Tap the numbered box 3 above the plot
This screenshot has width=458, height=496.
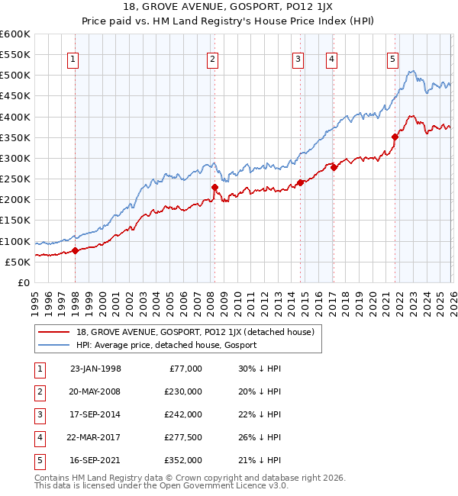pyautogui.click(x=298, y=59)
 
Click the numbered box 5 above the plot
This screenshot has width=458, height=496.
pyautogui.click(x=392, y=59)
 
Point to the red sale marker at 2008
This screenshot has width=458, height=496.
pyautogui.click(x=214, y=187)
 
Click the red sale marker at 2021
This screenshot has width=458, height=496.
pyautogui.click(x=395, y=137)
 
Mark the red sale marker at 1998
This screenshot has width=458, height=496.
pyautogui.click(x=76, y=250)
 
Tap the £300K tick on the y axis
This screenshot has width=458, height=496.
pyautogui.click(x=15, y=158)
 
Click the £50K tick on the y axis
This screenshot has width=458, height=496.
pyautogui.click(x=18, y=262)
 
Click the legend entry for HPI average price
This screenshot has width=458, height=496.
pyautogui.click(x=166, y=345)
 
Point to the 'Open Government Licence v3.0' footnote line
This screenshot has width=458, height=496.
pyautogui.click(x=150, y=485)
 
